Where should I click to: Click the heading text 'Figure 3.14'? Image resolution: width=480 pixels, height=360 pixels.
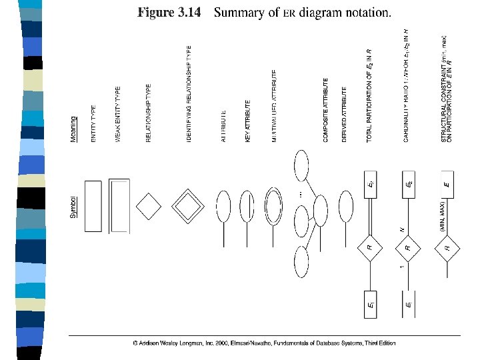click(x=169, y=13)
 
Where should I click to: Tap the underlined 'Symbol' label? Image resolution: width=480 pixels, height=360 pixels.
click(x=74, y=207)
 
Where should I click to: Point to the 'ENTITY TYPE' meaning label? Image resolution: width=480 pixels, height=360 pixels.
click(x=93, y=124)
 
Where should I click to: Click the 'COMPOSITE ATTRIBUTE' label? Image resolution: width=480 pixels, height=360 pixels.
click(x=325, y=114)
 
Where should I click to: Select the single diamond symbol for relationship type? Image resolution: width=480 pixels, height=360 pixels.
click(x=149, y=206)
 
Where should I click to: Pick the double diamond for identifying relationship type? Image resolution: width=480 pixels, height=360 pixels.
click(x=189, y=206)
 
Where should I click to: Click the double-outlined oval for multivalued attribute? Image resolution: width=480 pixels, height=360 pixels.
click(x=273, y=203)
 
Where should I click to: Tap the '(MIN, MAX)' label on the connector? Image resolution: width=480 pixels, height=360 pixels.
click(x=441, y=216)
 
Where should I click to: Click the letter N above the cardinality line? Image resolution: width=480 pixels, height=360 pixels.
click(x=403, y=229)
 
